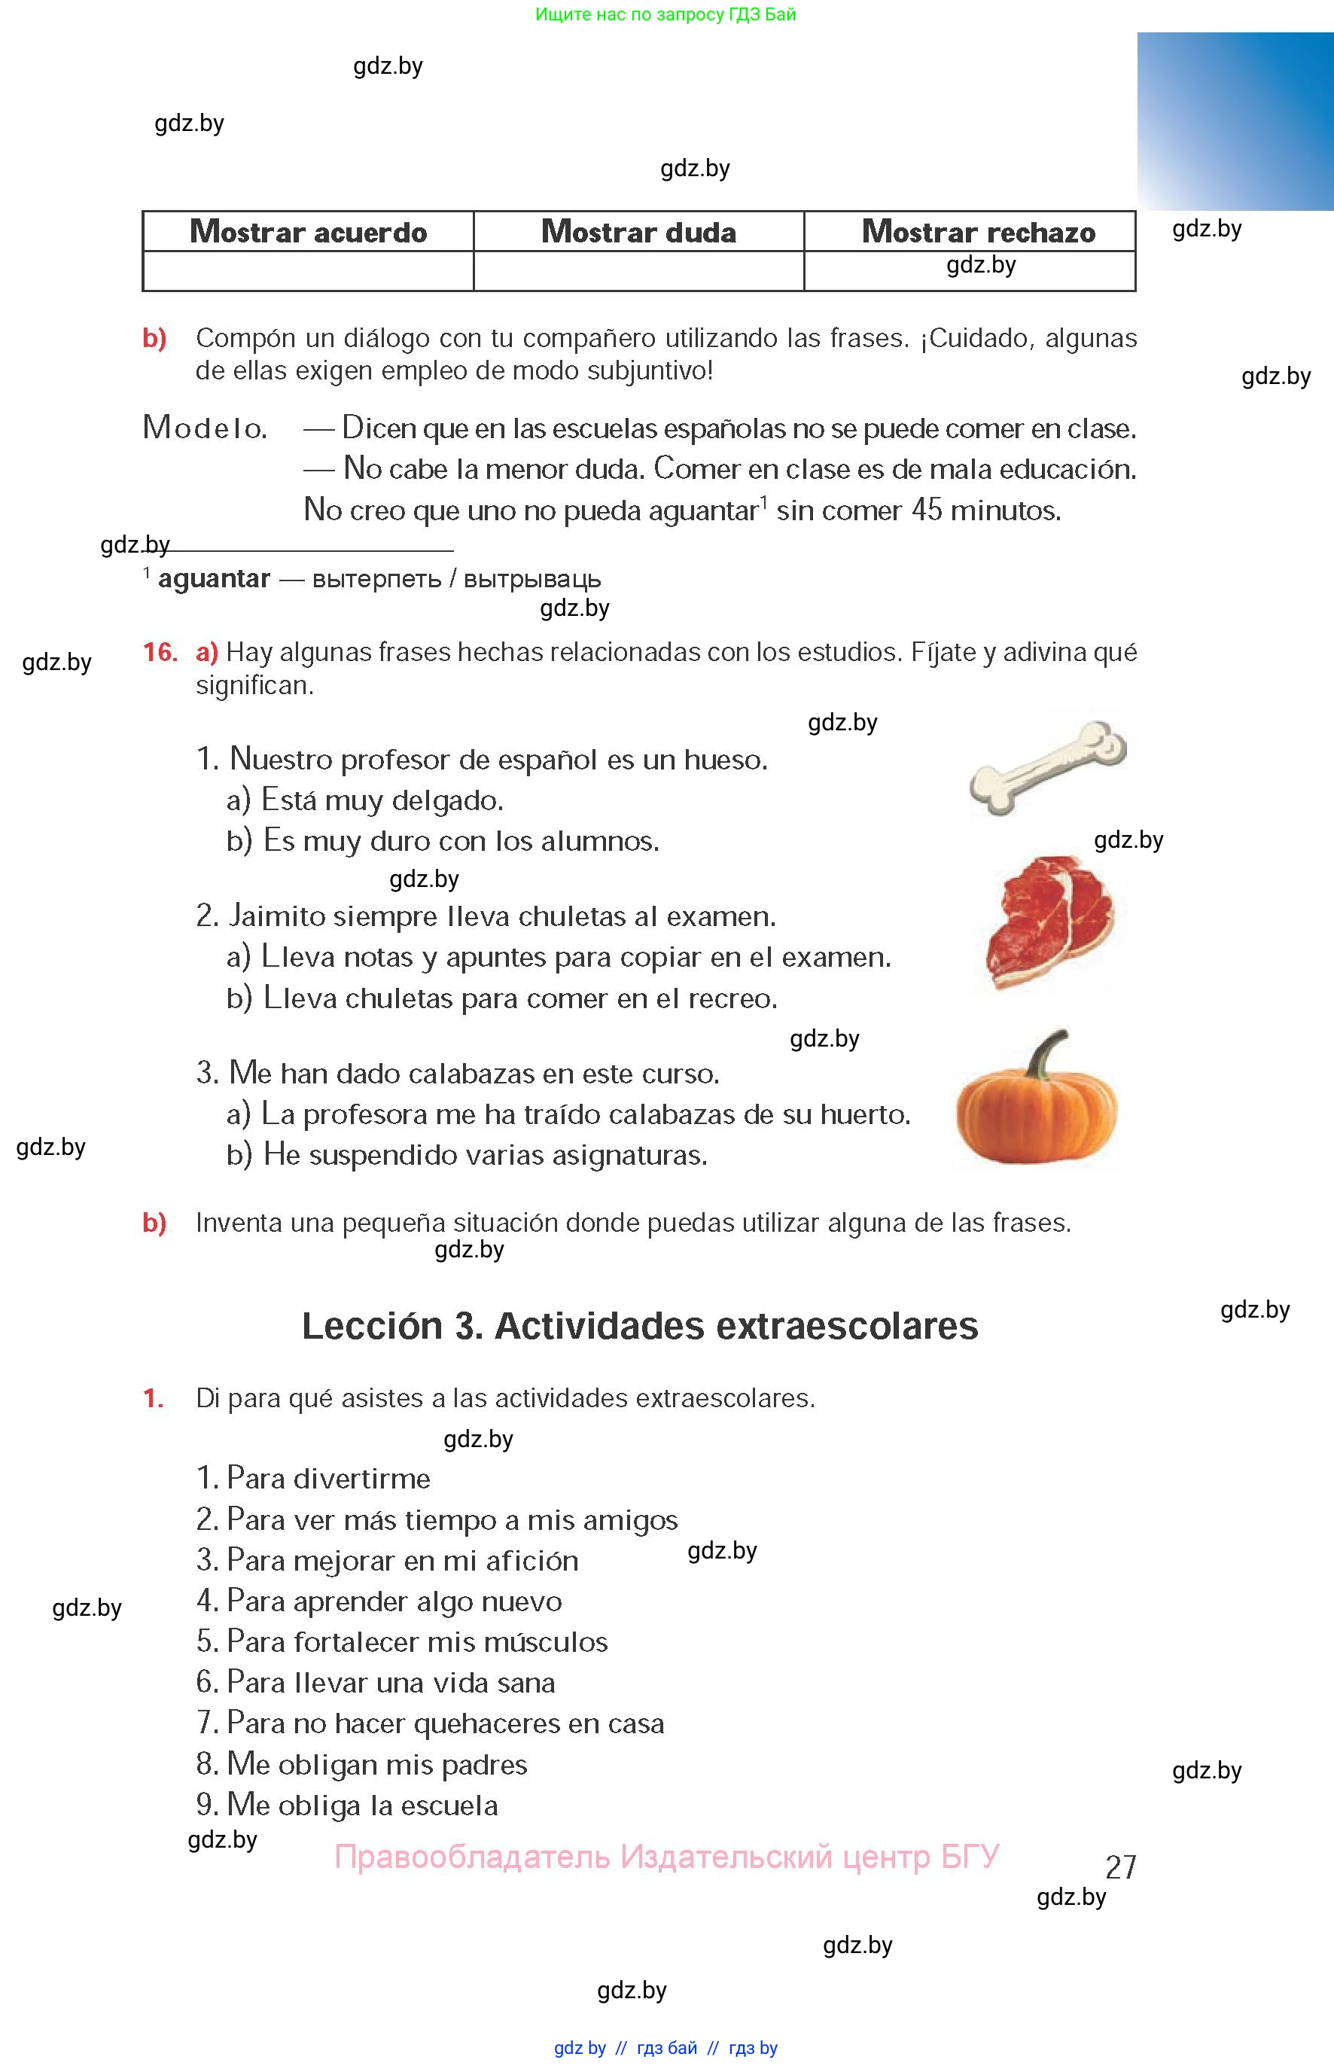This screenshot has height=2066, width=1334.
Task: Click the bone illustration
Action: tap(1047, 766)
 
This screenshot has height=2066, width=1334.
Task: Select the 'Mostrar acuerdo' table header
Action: tap(309, 232)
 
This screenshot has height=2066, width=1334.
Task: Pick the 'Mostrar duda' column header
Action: tap(638, 232)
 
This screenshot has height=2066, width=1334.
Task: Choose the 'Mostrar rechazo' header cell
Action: tap(978, 232)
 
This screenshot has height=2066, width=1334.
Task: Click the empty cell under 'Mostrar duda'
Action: tap(638, 271)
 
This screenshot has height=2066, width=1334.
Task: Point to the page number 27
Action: tap(1120, 1866)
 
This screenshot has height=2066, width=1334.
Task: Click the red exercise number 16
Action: tap(160, 652)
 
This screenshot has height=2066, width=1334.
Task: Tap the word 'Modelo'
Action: tap(205, 428)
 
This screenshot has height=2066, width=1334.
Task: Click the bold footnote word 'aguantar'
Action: tap(214, 579)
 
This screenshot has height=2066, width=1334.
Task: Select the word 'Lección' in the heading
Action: tap(373, 1326)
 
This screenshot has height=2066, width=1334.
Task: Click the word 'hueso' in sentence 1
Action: tap(725, 760)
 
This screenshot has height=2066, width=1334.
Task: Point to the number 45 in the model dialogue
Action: tap(926, 510)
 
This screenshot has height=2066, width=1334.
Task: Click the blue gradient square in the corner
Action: tap(1235, 121)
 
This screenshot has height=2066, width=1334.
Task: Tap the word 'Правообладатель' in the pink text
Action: tap(472, 1857)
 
